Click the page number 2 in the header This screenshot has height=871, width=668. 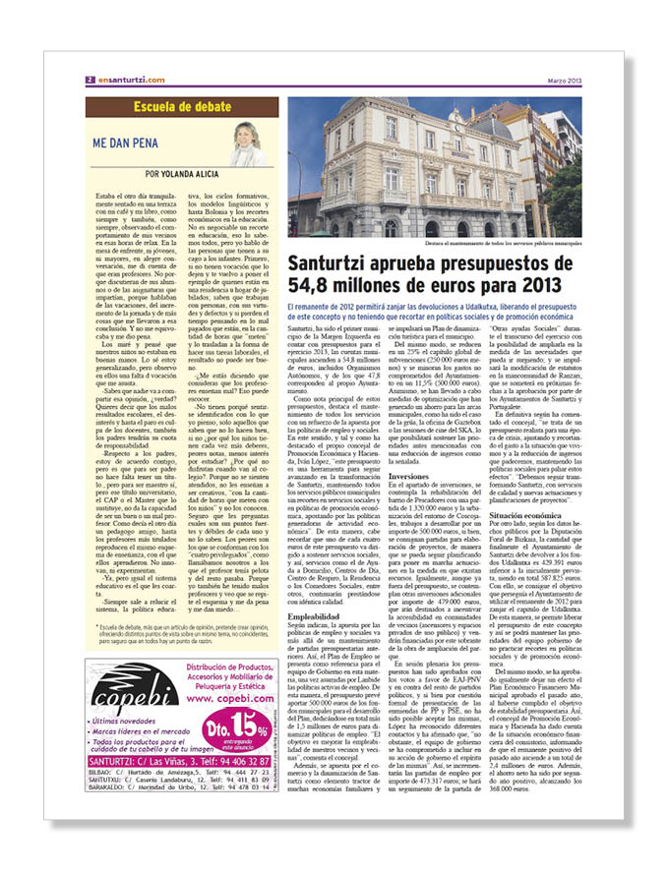coord(90,80)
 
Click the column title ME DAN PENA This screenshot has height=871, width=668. coord(127,142)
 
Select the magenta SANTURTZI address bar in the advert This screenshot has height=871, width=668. coord(174,762)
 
